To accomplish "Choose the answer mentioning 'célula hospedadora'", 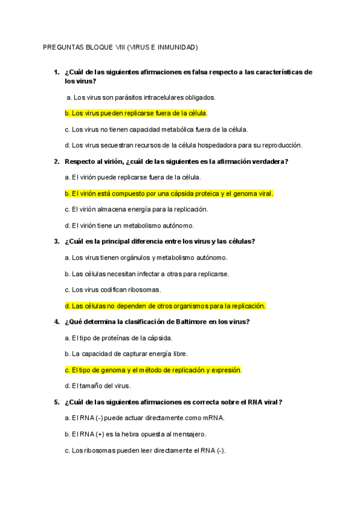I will (183, 145).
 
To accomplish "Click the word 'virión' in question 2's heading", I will (113, 161).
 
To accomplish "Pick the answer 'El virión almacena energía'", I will (136, 209).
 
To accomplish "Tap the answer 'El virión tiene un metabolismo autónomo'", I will (137, 226).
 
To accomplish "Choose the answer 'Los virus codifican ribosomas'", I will (116, 289).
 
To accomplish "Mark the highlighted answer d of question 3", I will (165, 306).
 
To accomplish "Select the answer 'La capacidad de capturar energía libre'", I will (122, 354).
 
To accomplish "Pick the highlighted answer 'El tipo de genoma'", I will (153, 370).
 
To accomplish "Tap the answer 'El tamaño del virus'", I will (97, 385).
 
